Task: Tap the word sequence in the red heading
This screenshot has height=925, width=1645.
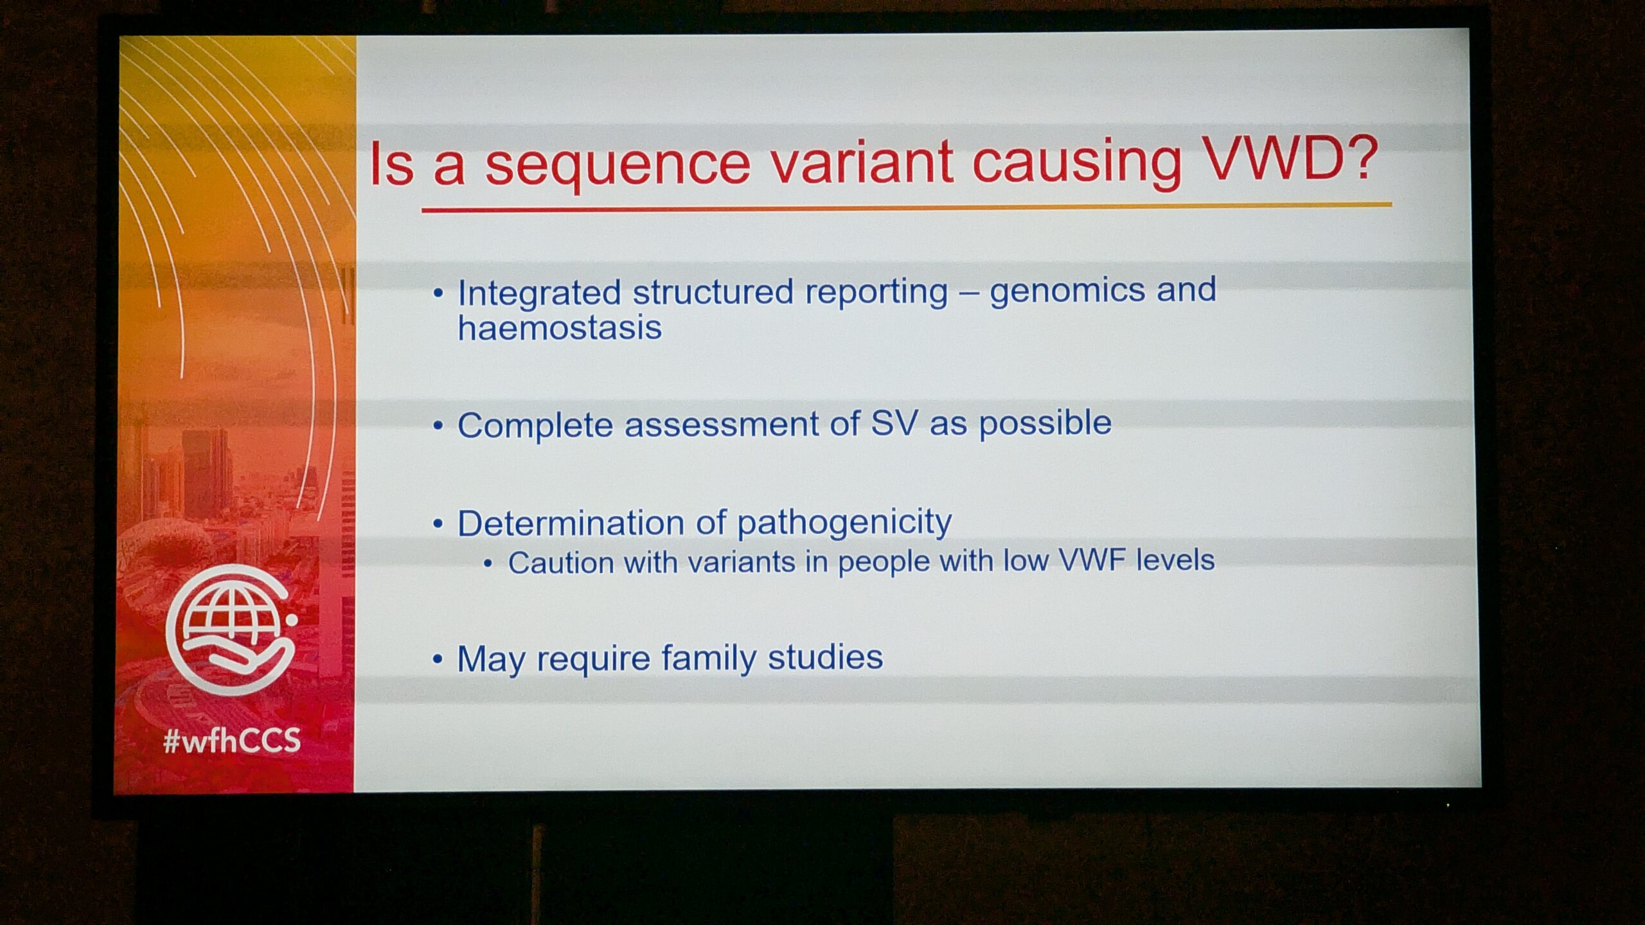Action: coord(618,166)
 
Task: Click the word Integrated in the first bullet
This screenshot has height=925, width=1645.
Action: coord(539,294)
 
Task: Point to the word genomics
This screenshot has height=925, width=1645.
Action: coord(1067,291)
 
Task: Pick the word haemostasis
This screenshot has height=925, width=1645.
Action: coord(560,328)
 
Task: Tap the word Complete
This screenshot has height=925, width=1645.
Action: coord(535,426)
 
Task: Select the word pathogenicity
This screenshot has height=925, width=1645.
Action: coord(844,523)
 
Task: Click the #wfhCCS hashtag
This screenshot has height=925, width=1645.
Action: coord(232,741)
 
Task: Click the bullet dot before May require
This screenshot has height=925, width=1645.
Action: coord(438,660)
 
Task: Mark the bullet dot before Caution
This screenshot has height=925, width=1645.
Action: coord(488,565)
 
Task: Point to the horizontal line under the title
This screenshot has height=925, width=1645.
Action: coord(907,207)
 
